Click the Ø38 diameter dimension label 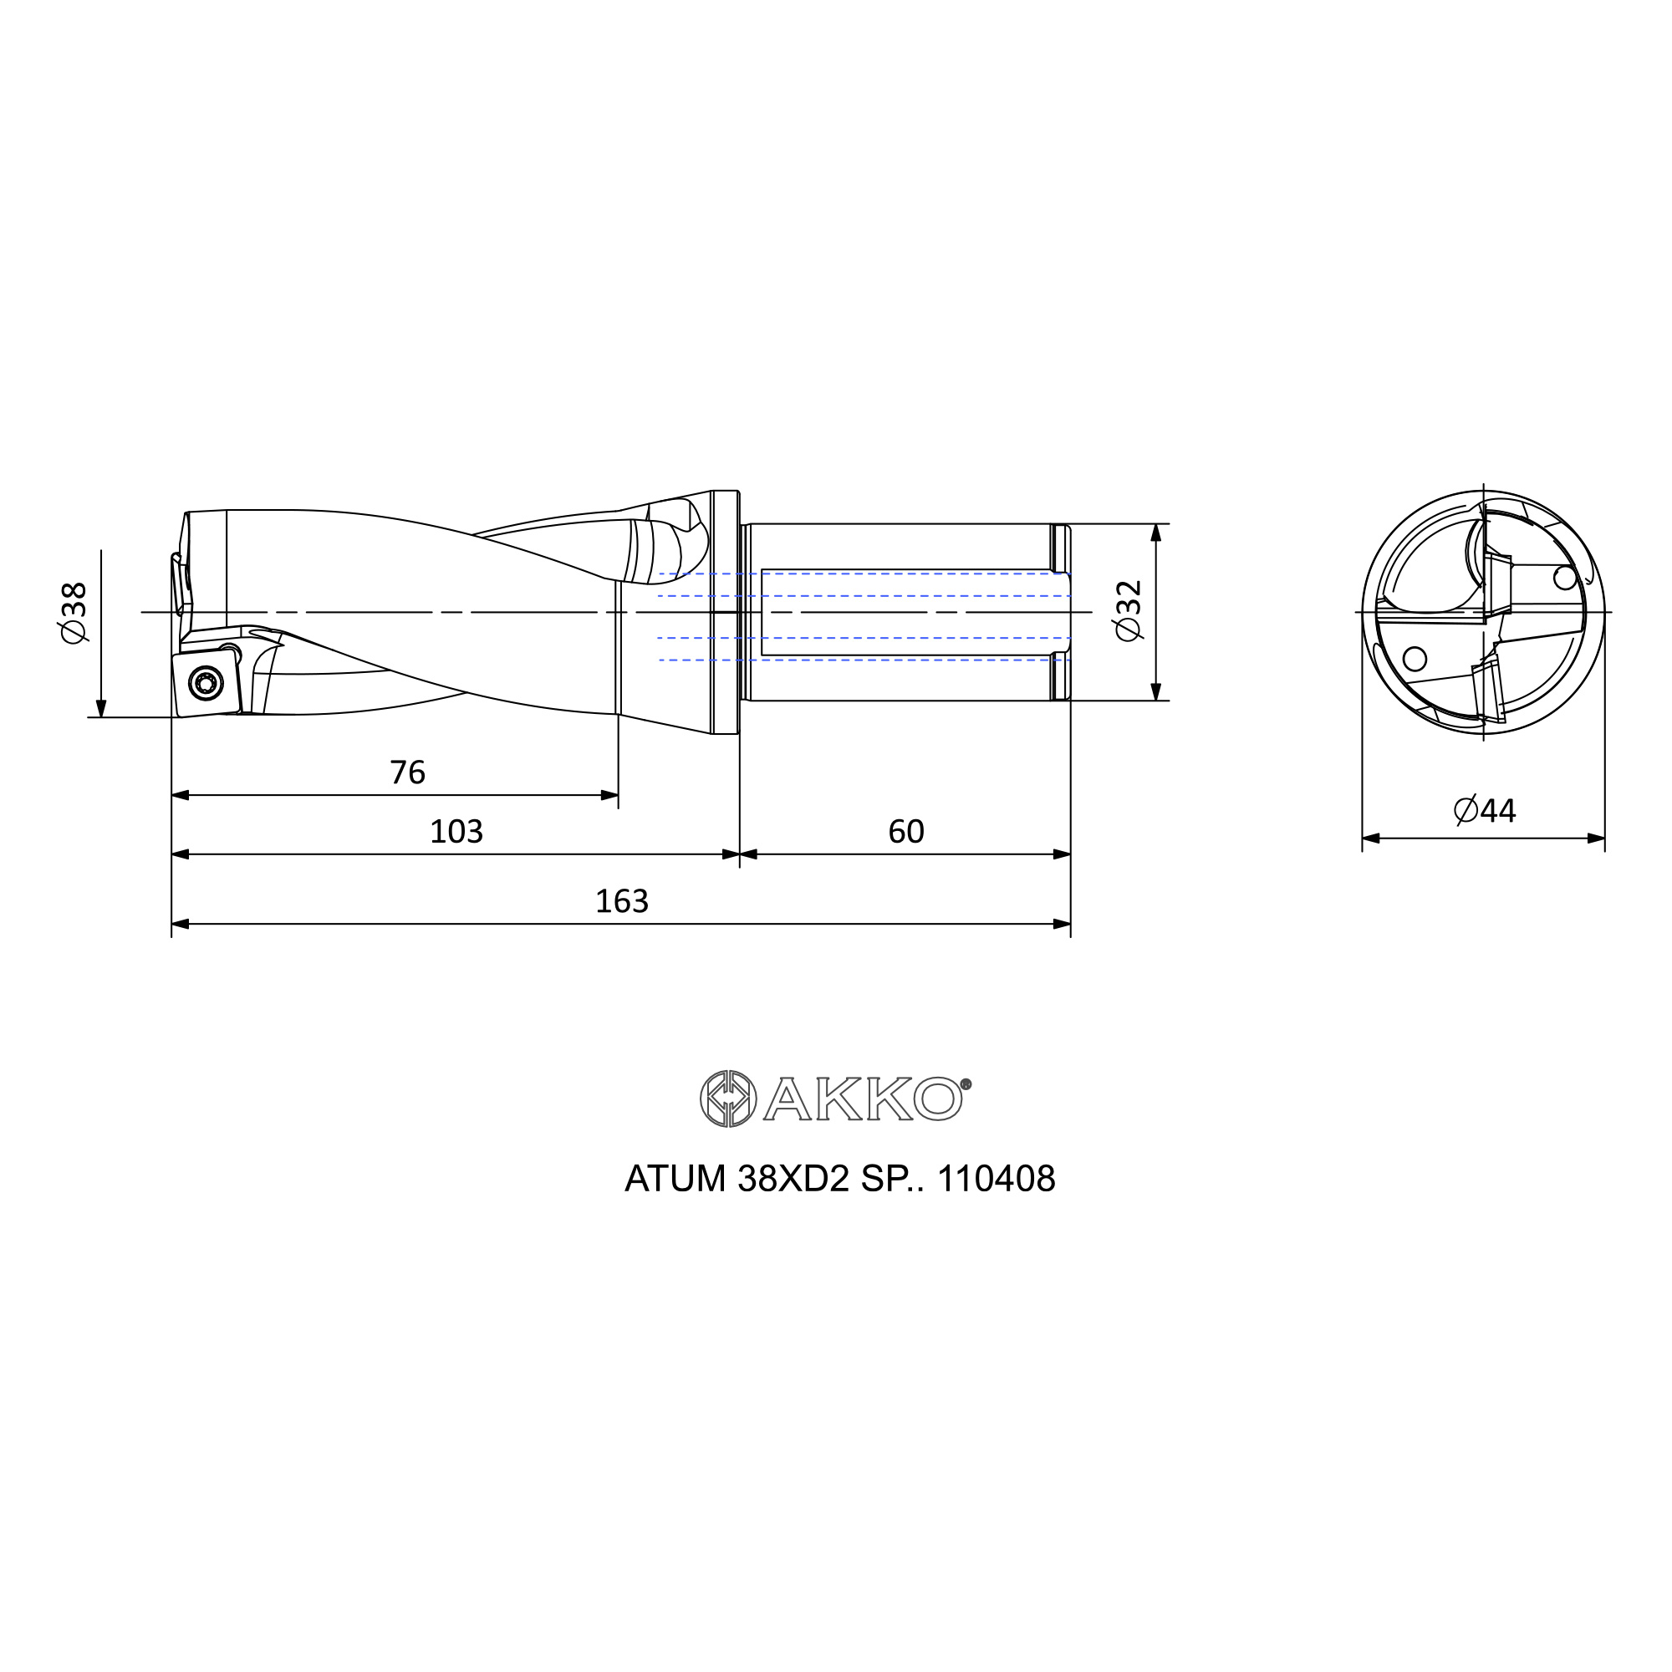(74, 612)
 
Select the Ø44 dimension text (1484, 811)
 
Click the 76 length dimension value (408, 772)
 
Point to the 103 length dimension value (456, 832)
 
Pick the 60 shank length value (906, 832)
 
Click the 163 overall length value (621, 902)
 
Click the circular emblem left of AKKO (728, 1099)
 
